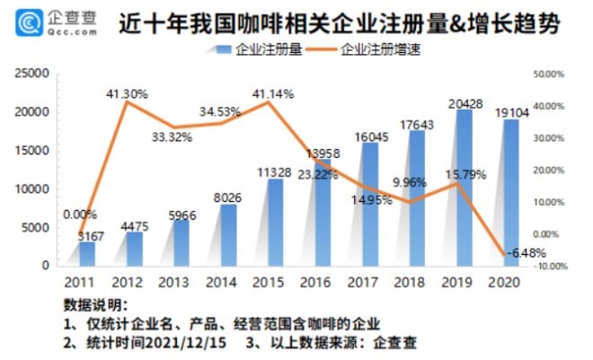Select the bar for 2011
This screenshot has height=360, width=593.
click(x=87, y=253)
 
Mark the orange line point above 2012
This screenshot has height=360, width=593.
click(x=127, y=101)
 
